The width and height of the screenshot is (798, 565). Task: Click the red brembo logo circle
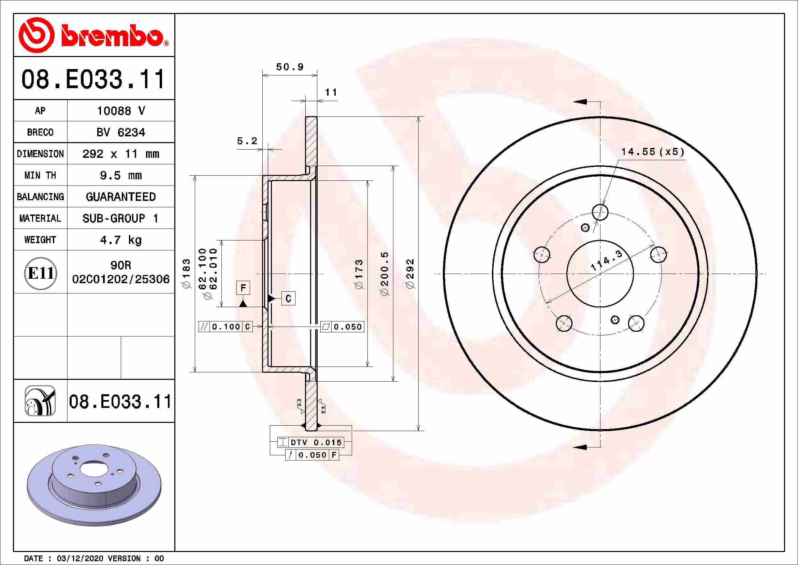(36, 35)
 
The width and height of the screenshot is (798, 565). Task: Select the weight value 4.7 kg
(120, 240)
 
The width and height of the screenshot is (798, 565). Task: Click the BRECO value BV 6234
(120, 133)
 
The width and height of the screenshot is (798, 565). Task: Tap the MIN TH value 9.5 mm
(120, 175)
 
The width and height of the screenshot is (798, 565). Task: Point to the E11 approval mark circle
(40, 273)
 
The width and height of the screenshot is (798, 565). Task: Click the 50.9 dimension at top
(290, 67)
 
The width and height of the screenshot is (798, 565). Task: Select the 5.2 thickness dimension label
(247, 141)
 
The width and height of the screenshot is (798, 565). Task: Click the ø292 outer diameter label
(410, 274)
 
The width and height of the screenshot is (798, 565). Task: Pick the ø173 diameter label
(359, 274)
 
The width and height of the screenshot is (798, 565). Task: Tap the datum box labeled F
(243, 288)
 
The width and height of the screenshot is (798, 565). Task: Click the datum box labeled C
(288, 299)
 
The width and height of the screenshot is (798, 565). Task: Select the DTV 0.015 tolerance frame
(311, 442)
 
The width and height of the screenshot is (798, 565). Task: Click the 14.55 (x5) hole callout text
(652, 152)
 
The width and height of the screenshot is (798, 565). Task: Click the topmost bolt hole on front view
(600, 212)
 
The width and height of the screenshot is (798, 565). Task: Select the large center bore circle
(600, 274)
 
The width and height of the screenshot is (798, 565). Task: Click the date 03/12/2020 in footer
(79, 559)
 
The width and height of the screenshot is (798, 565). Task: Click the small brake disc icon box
(40, 401)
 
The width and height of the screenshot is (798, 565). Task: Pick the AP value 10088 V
(120, 111)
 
